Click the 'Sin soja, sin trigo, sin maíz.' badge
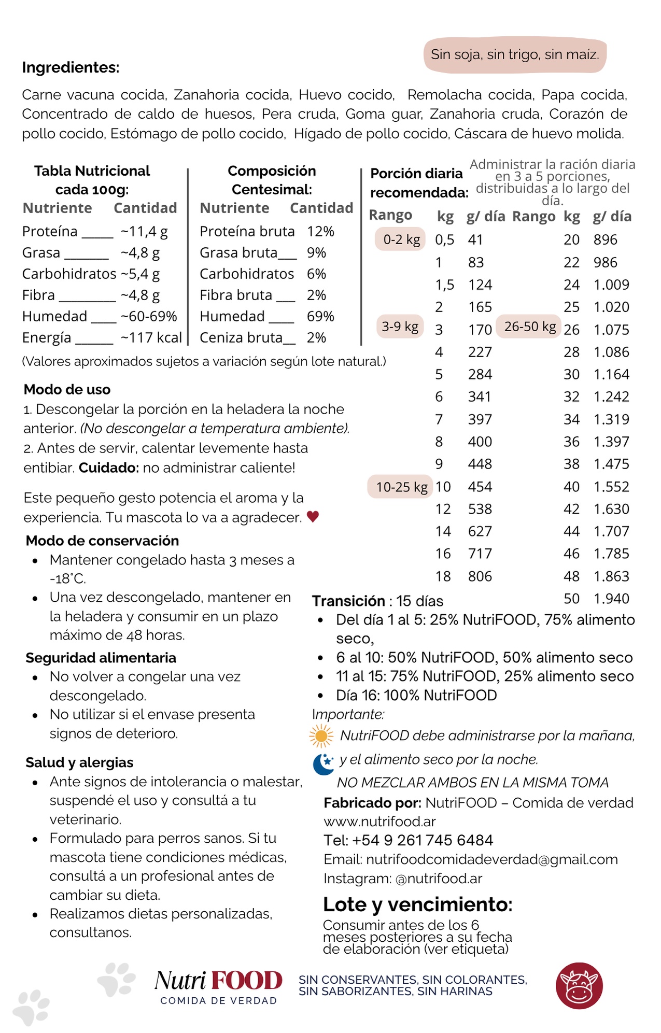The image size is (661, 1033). (515, 54)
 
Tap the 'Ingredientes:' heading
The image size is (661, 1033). (71, 67)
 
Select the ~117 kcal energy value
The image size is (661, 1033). (151, 338)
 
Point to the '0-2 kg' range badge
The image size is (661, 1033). (401, 239)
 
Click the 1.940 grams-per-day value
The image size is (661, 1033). (611, 599)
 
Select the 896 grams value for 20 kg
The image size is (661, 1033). (606, 239)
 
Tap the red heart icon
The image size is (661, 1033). (313, 517)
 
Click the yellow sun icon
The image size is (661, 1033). (321, 736)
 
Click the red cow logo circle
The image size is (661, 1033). (579, 986)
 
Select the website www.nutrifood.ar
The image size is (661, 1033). (379, 822)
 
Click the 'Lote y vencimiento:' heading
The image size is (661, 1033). (417, 904)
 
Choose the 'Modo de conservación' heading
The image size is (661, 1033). (102, 541)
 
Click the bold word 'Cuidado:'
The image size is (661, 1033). (109, 468)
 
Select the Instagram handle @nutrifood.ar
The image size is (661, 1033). (439, 879)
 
